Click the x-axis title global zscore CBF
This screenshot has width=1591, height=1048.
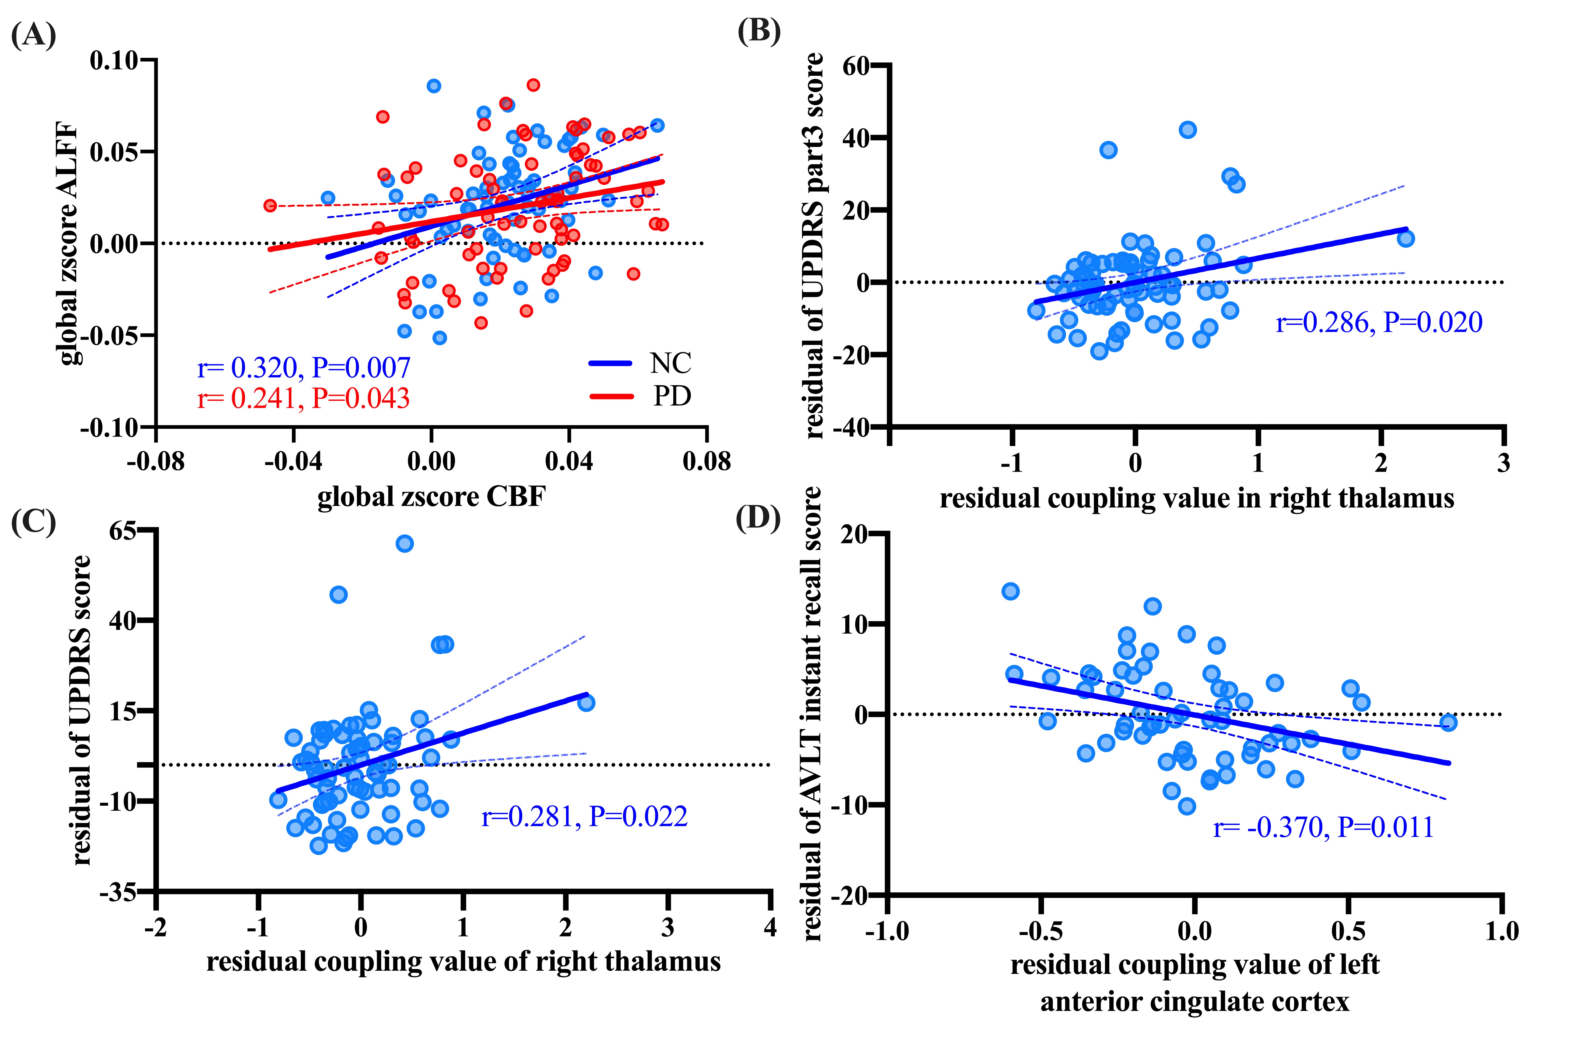431,497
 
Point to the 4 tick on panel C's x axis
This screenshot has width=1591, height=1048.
770,928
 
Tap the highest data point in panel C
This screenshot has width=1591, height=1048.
404,543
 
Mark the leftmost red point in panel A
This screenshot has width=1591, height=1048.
270,205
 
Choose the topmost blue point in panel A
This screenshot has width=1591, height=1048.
434,86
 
